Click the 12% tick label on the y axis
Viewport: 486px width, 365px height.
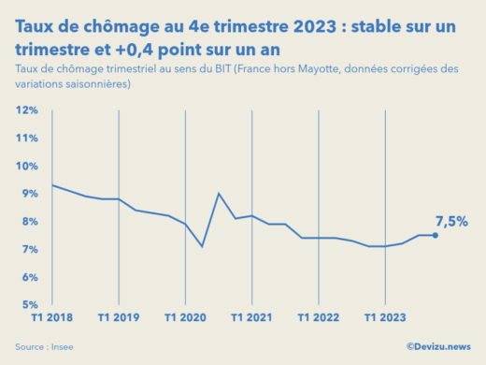click(26, 110)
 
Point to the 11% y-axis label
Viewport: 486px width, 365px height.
click(26, 139)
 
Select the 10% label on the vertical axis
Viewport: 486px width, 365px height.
click(26, 167)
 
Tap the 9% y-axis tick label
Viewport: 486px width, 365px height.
click(28, 194)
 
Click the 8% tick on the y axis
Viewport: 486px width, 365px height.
click(28, 222)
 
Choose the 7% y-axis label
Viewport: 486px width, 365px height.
click(28, 250)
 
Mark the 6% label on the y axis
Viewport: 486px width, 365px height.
click(28, 278)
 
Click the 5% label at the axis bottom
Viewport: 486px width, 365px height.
click(28, 305)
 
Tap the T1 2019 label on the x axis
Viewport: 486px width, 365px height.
click(118, 318)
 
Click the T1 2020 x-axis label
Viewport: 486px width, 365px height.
click(185, 318)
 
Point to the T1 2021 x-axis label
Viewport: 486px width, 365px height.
click(252, 318)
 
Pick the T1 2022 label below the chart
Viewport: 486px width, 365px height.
click(319, 318)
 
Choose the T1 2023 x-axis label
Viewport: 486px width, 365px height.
click(386, 318)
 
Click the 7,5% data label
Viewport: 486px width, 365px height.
click(451, 222)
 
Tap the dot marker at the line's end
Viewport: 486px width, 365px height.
click(436, 235)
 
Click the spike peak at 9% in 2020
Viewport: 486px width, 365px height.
click(219, 194)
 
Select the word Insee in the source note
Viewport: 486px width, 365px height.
click(62, 347)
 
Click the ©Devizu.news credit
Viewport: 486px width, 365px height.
click(438, 347)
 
